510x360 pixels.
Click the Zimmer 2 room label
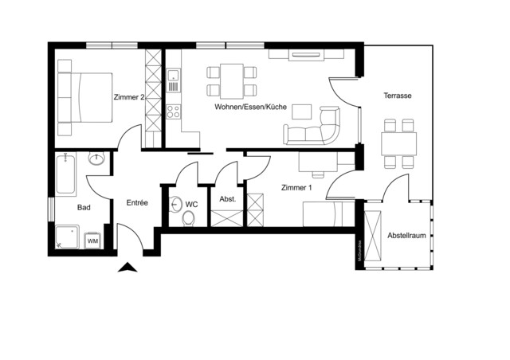(130, 97)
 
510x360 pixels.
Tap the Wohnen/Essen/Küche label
(249, 107)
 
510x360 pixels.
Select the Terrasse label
(396, 96)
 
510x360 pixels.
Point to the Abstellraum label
(406, 237)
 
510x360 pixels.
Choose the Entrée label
(137, 203)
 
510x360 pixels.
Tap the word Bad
(84, 207)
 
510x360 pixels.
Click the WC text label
(191, 205)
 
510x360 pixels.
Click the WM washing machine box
(93, 239)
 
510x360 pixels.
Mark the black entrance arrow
(127, 268)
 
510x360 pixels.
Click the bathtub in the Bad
(66, 175)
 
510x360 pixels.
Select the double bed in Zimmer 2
(83, 96)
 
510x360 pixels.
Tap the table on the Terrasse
(398, 144)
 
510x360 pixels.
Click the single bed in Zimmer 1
(323, 214)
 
